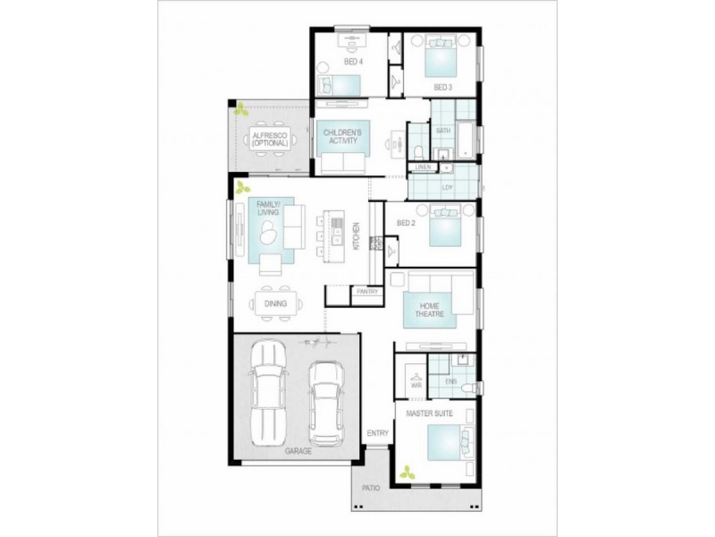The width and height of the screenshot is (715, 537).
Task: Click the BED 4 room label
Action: pyautogui.click(x=353, y=62)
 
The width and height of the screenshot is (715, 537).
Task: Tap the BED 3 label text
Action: pyautogui.click(x=443, y=87)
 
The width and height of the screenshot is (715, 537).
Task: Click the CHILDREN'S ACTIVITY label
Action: pyautogui.click(x=342, y=137)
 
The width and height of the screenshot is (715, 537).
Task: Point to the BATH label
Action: pyautogui.click(x=443, y=131)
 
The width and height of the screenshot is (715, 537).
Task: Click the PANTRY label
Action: pyautogui.click(x=367, y=292)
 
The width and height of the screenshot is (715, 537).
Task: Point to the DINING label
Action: pyautogui.click(x=275, y=304)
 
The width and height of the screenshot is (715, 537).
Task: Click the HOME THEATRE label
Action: pyautogui.click(x=428, y=310)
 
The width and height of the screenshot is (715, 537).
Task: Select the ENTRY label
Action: pyautogui.click(x=377, y=434)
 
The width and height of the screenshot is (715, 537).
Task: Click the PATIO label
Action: pyautogui.click(x=371, y=489)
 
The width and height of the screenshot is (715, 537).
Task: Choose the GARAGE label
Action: pyautogui.click(x=299, y=451)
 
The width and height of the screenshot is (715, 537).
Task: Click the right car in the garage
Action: pyautogui.click(x=326, y=402)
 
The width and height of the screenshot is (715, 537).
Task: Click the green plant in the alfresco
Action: pyautogui.click(x=240, y=111)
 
